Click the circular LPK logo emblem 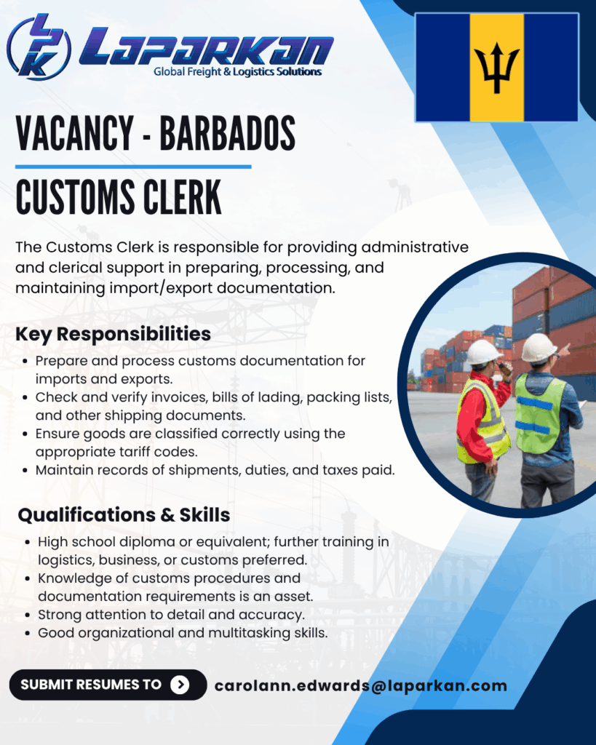tap(39, 47)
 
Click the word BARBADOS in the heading tap(227, 134)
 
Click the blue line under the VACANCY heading tap(133, 167)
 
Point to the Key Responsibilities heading tap(113, 334)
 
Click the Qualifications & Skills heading tap(124, 515)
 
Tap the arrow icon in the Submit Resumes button tap(180, 685)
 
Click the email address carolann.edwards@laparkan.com tap(361, 685)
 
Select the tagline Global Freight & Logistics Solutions tap(238, 72)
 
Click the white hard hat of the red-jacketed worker tap(482, 352)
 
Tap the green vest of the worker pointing tap(539, 413)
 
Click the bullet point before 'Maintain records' tap(25, 471)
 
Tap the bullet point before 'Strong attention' tap(28, 615)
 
